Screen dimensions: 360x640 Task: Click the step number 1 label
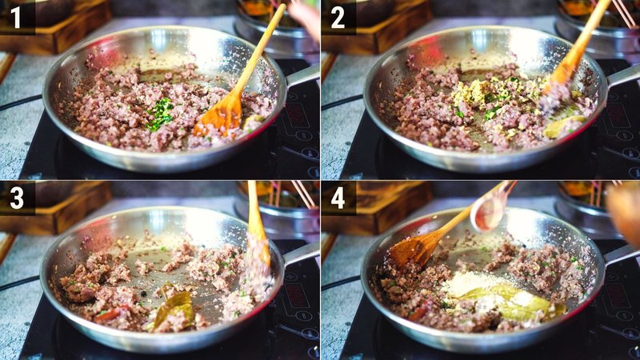coord(17,17)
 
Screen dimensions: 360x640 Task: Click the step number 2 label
coord(338,17)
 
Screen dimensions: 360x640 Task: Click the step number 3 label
coord(17,198)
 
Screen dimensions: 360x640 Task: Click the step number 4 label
coord(338,198)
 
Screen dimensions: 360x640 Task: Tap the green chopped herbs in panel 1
coord(161,113)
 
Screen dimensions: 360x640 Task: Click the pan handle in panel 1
coord(302,76)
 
